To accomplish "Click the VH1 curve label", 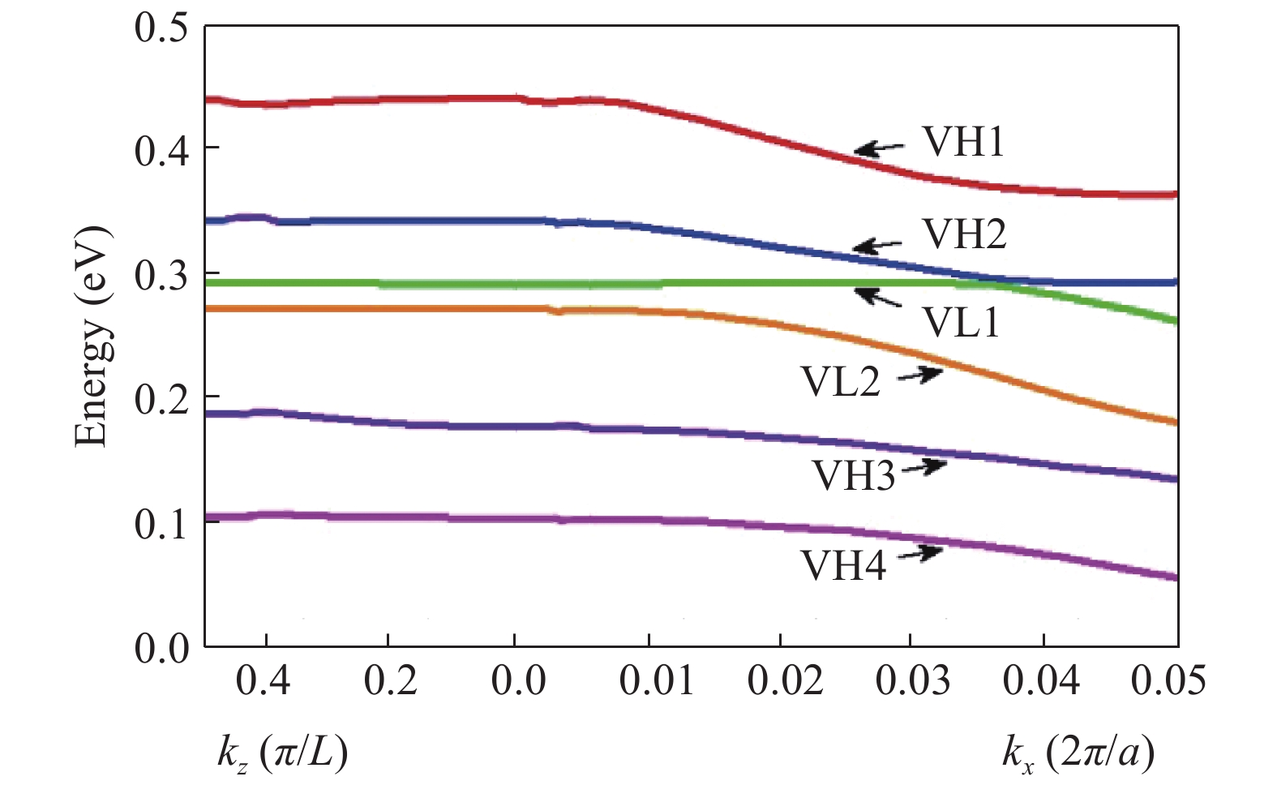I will click(x=963, y=142).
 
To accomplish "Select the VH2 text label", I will click(x=965, y=234).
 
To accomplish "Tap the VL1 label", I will click(x=962, y=322).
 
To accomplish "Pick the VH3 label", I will click(x=854, y=475).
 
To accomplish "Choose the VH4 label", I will click(x=843, y=565).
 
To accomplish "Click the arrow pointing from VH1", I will click(x=880, y=148).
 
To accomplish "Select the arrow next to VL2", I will click(x=919, y=375).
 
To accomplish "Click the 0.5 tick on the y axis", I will click(x=161, y=26).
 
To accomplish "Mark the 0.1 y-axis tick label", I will click(x=161, y=524).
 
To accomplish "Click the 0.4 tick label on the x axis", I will click(x=264, y=680).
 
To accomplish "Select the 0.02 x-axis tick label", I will click(x=785, y=680).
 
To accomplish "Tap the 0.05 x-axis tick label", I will click(x=1168, y=680).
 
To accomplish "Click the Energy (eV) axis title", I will click(x=92, y=337).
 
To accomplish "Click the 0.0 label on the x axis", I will click(x=518, y=680).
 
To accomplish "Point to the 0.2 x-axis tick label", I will click(x=390, y=680).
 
